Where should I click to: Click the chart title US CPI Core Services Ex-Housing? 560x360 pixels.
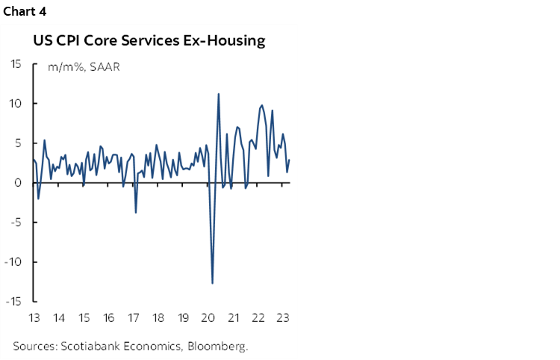coord(149,40)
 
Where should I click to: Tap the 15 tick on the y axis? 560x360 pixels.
coord(15,63)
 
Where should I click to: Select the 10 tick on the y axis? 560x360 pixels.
coord(15,103)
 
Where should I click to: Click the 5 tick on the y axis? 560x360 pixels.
coord(18,143)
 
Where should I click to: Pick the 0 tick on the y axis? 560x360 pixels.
coord(18,182)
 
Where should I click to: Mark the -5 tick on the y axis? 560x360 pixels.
coord(16,222)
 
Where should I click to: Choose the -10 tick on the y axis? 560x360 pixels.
coord(13,261)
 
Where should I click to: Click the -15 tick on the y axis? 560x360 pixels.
coord(13,301)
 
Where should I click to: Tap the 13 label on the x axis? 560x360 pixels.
coord(34,317)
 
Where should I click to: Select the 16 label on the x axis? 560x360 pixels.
coord(108,317)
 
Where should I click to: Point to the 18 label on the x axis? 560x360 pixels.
coord(158,317)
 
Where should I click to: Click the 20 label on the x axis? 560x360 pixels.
coord(208,317)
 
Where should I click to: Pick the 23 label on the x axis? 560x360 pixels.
coord(283,317)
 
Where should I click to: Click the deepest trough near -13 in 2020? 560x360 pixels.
coord(213,283)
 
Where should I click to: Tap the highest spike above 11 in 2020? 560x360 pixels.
coord(218,94)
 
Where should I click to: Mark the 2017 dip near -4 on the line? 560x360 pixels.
coord(135,213)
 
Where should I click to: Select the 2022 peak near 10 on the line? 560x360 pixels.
coord(261,105)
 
